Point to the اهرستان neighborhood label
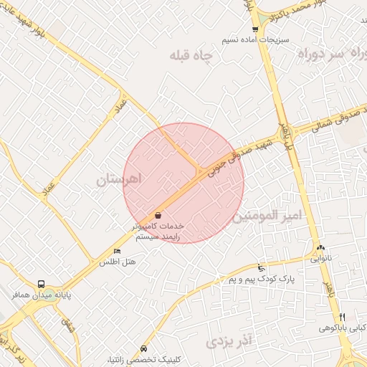coord(119,178)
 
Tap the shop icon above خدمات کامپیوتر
coord(158,215)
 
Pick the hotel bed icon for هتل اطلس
coord(117,252)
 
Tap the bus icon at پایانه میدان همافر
coord(41,284)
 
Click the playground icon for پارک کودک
coord(261,267)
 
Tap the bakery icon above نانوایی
coord(320,247)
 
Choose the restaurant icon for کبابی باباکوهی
coord(342,317)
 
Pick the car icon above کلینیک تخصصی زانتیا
coord(145,348)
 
